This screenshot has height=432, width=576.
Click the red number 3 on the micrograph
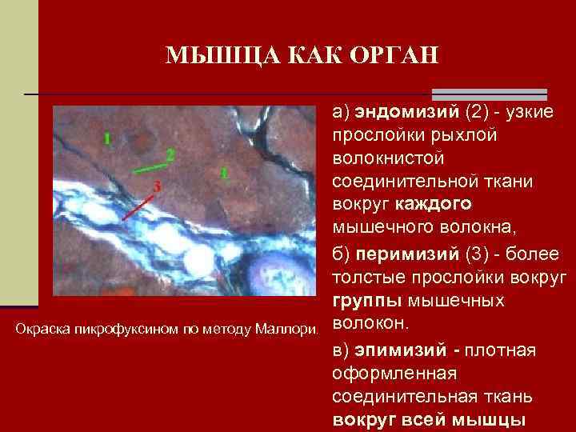click(157, 186)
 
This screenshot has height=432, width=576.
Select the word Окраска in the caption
click(41, 328)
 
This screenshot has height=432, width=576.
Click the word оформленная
click(393, 374)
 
